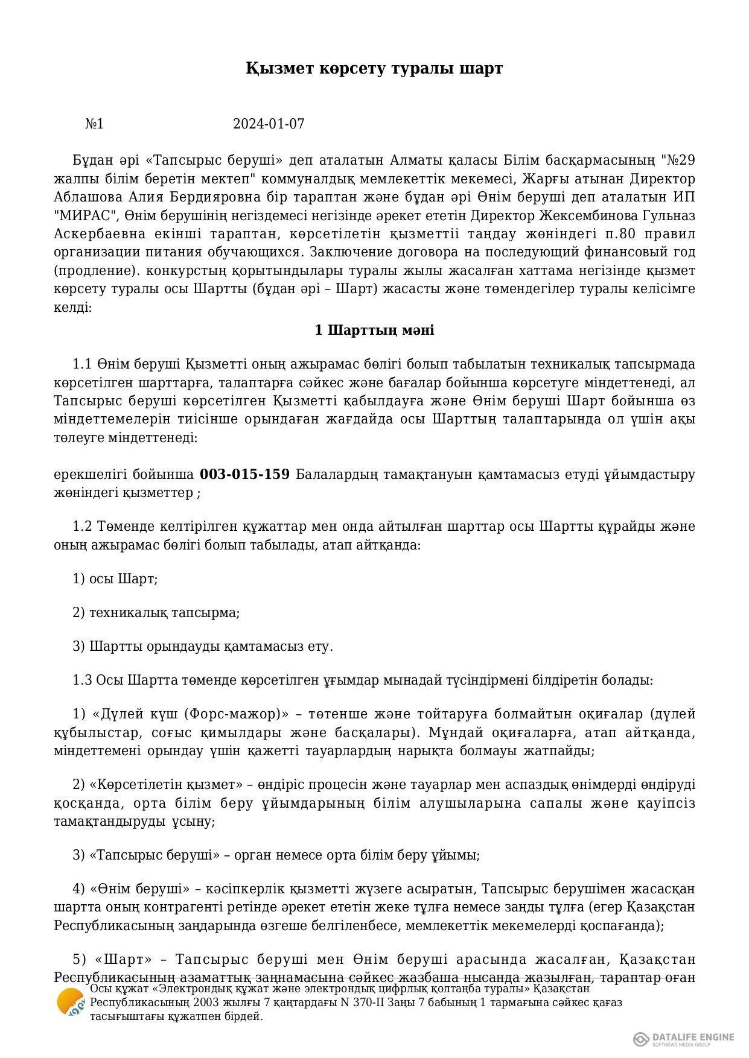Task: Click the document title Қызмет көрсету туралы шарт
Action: (374, 68)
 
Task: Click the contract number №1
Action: (94, 124)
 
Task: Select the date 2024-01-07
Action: (269, 124)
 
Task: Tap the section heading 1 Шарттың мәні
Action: (374, 331)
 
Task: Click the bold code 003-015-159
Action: (244, 474)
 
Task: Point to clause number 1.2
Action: (82, 527)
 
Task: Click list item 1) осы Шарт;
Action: (115, 579)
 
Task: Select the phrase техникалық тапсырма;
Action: (164, 613)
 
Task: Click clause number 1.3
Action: (82, 680)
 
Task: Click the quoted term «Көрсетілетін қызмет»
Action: (162, 785)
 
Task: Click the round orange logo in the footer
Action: (71, 1003)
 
